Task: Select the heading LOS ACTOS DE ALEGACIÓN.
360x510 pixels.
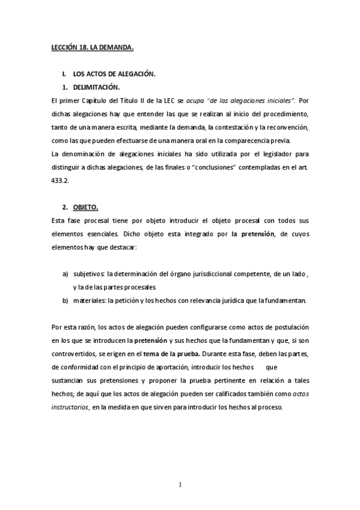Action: click(114, 75)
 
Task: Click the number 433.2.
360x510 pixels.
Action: click(61, 179)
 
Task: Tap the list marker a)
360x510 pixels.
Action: click(66, 274)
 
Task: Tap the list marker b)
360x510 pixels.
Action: click(66, 300)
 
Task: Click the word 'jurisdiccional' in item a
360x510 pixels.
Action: click(206, 274)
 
